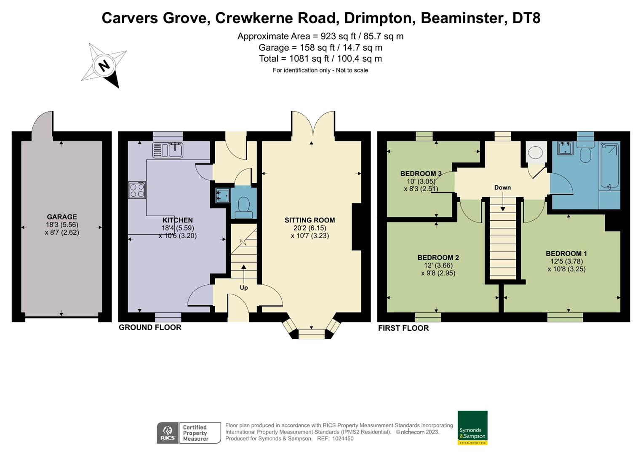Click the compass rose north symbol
click(104, 66)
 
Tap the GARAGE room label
click(62, 217)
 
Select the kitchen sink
click(168, 150)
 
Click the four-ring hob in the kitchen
click(137, 190)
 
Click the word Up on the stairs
click(244, 288)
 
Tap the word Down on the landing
click(502, 187)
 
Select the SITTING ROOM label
click(309, 220)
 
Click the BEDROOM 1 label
click(566, 254)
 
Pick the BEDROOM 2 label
click(438, 257)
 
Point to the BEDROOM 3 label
click(421, 174)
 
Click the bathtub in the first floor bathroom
click(609, 166)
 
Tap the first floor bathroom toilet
click(585, 154)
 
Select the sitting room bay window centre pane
click(312, 335)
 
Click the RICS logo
click(168, 433)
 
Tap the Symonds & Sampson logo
click(472, 427)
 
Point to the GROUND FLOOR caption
click(150, 327)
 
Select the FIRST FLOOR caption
click(403, 328)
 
